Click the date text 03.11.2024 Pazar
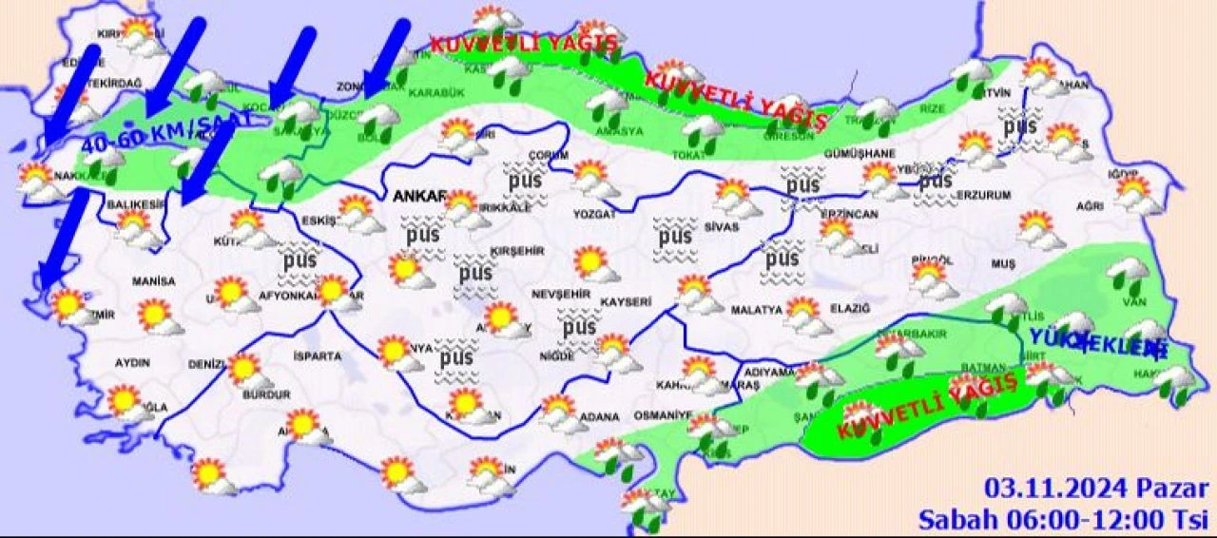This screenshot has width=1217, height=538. (x=1096, y=490)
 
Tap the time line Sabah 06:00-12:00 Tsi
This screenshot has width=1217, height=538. (x=1062, y=519)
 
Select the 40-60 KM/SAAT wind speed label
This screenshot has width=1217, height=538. (x=167, y=132)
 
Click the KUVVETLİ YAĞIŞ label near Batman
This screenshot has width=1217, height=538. (x=928, y=406)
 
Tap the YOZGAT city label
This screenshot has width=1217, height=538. (x=594, y=214)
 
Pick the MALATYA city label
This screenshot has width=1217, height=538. (x=757, y=310)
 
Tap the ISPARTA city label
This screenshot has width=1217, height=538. (x=317, y=356)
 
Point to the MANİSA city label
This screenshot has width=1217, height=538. (x=154, y=282)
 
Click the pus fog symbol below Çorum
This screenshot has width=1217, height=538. (x=522, y=181)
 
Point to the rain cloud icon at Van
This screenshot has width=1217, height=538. (x=1128, y=274)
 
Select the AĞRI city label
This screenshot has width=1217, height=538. (x=1091, y=205)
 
